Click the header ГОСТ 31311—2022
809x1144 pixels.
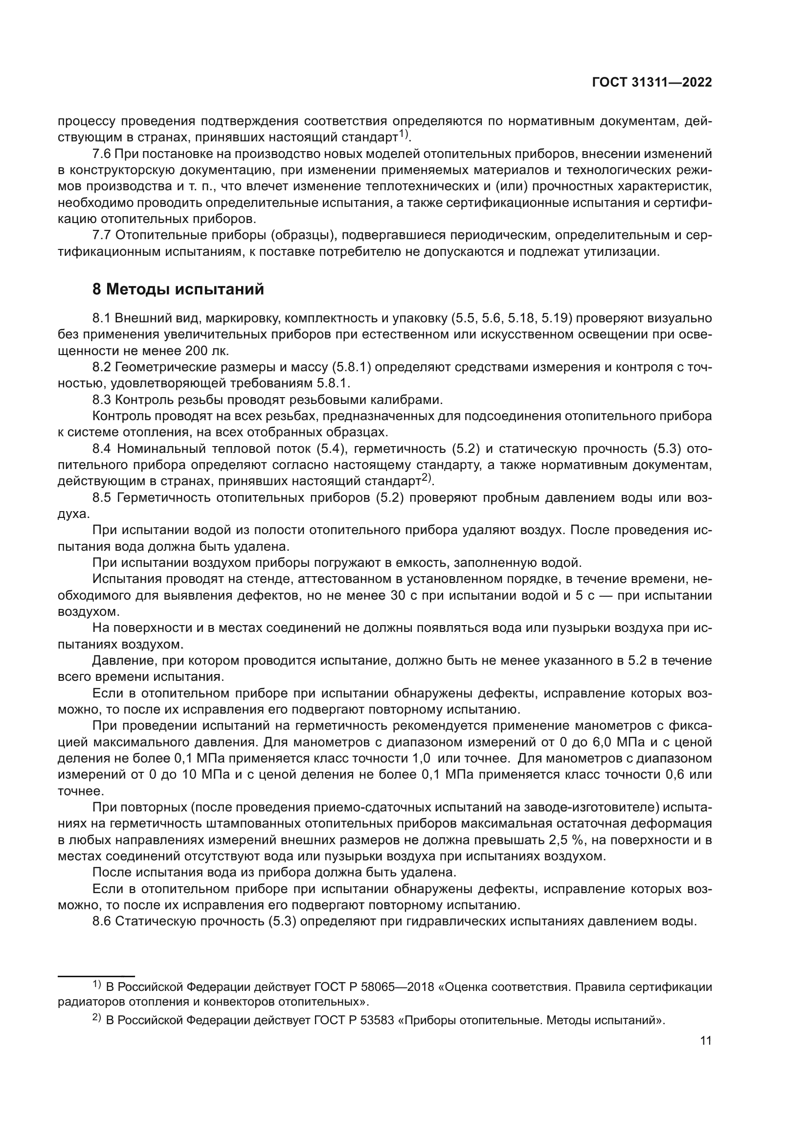pyautogui.click(x=652, y=83)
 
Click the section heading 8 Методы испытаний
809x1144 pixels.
pyautogui.click(x=178, y=289)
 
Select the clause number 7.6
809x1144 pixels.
pyautogui.click(x=104, y=154)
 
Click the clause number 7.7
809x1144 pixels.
pyautogui.click(x=104, y=236)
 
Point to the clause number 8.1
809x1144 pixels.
pyautogui.click(x=103, y=318)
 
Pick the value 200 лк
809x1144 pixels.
pyautogui.click(x=206, y=351)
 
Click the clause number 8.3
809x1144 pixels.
pyautogui.click(x=103, y=400)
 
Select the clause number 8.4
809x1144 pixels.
pyautogui.click(x=103, y=449)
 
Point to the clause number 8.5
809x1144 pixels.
pyautogui.click(x=103, y=498)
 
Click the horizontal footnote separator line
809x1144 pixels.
pyautogui.click(x=96, y=972)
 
